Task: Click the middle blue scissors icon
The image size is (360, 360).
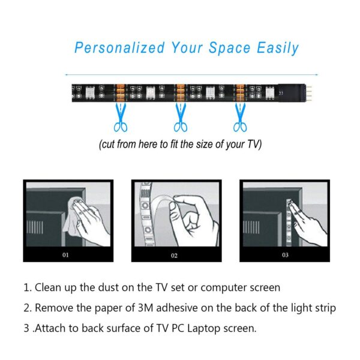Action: click(x=180, y=118)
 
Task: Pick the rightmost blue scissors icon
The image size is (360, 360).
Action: click(x=240, y=118)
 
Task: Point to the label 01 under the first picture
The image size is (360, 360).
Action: click(x=66, y=255)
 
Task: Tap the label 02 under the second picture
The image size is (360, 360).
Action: click(x=175, y=255)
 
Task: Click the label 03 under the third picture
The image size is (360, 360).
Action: click(x=284, y=255)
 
